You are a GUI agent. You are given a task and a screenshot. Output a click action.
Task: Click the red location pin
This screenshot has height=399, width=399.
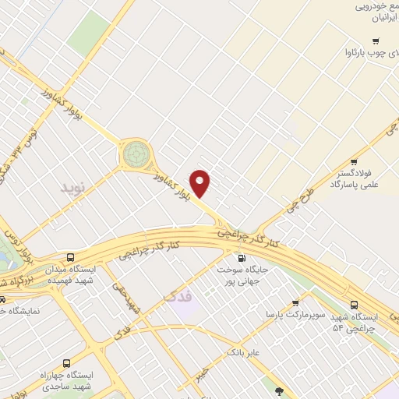(x=201, y=183)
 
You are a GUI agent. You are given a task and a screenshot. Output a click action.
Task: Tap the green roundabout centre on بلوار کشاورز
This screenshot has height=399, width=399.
(x=136, y=154)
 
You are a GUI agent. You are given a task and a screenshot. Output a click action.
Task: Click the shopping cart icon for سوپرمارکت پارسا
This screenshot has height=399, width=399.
(x=295, y=302)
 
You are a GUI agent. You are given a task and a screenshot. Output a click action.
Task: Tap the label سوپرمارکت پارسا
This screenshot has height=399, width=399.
(x=272, y=314)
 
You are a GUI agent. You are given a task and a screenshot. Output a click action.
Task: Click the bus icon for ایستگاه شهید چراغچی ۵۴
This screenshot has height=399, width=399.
(x=355, y=305)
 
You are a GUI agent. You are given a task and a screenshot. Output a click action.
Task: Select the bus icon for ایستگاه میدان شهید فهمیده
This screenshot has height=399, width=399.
(x=71, y=257)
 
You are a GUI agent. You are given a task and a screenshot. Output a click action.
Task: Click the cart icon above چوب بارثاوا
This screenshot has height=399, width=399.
(x=376, y=41)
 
